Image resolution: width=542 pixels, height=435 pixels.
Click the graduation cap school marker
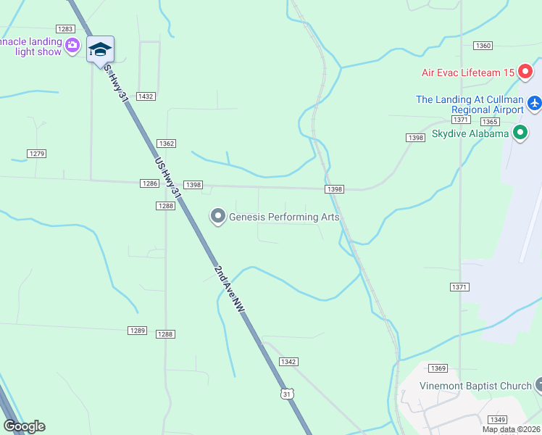(x=100, y=49)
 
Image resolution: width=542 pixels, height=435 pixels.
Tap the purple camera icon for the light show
(x=72, y=46)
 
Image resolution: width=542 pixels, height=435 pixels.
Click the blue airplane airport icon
(x=535, y=104)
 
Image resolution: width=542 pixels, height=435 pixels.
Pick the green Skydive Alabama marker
(x=520, y=133)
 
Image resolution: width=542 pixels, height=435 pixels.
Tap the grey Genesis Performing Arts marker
(x=217, y=216)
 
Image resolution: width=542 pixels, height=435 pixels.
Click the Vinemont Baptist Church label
(x=475, y=386)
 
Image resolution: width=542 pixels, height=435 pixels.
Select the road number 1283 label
(x=66, y=29)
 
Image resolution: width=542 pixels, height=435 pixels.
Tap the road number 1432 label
(x=146, y=96)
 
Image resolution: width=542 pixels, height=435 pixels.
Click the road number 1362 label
(x=166, y=144)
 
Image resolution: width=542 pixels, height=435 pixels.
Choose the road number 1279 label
(x=36, y=154)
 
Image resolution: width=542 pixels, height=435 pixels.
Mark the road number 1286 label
(x=149, y=184)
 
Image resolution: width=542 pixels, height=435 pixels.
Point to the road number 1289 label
(x=137, y=331)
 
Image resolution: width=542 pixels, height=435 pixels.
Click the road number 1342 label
(x=288, y=362)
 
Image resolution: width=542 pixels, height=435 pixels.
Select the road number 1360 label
(x=483, y=46)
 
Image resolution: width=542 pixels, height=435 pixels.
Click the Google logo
(x=24, y=426)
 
